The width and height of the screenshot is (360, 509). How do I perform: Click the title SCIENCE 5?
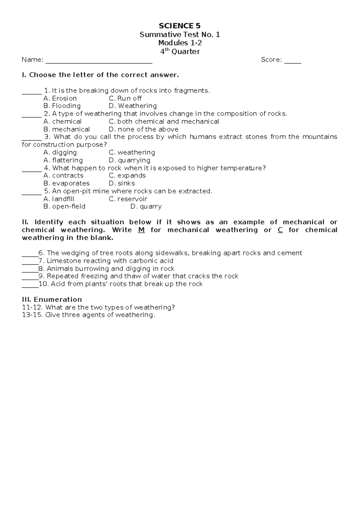(x=180, y=26)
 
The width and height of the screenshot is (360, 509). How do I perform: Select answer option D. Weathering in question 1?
(x=133, y=106)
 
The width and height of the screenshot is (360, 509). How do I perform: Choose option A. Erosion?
(x=60, y=98)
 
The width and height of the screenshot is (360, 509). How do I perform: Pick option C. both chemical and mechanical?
(x=164, y=122)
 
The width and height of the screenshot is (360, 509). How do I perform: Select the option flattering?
(x=63, y=160)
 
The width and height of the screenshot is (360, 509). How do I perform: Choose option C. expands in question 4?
(x=127, y=176)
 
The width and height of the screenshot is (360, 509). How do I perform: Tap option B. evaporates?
(x=66, y=183)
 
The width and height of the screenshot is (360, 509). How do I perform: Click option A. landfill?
(x=59, y=199)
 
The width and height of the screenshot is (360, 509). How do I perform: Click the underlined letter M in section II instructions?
(x=142, y=230)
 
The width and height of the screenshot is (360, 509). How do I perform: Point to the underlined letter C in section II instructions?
(x=280, y=230)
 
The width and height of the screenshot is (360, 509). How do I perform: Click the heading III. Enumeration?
(x=52, y=300)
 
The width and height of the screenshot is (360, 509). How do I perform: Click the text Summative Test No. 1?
(x=180, y=35)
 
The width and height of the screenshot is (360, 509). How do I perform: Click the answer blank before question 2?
(x=31, y=116)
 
